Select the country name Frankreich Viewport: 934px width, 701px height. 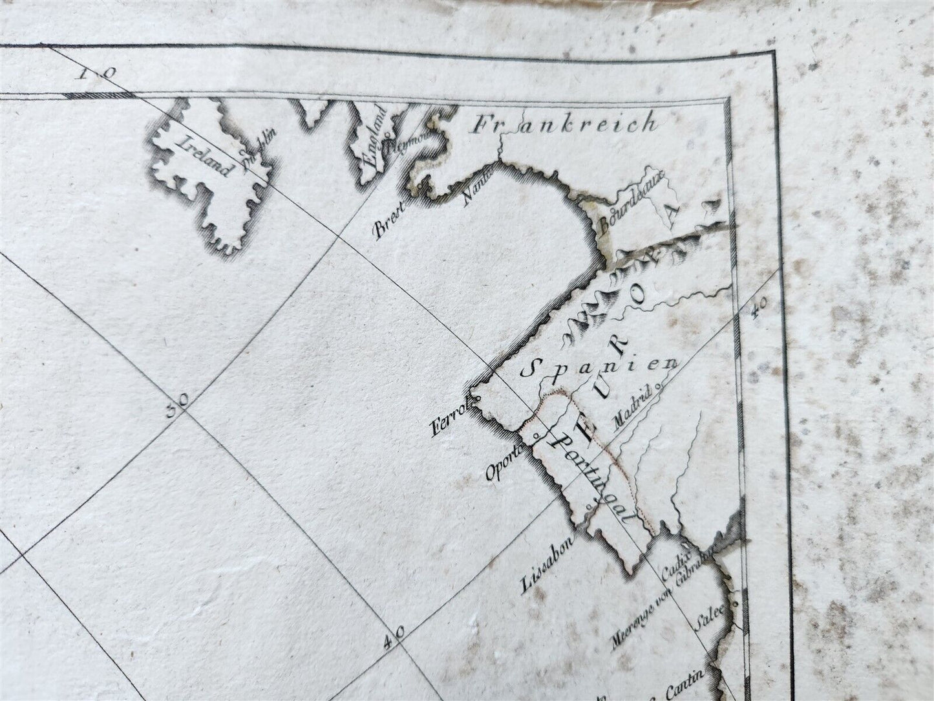point(564,124)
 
